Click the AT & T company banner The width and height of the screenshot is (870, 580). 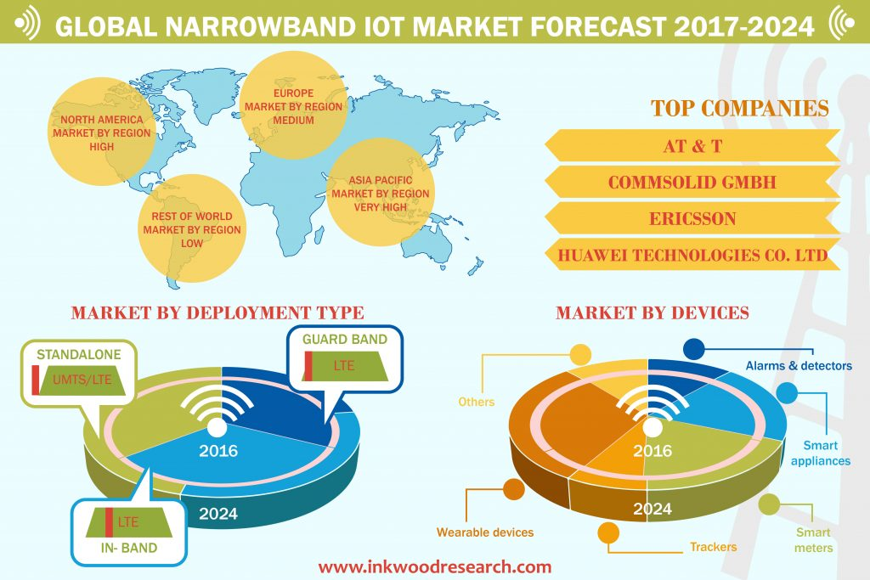point(692,146)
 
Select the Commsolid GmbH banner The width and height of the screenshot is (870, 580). point(692,182)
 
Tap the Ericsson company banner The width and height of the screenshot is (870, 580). point(692,218)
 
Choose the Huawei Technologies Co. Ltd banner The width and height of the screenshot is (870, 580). point(692,255)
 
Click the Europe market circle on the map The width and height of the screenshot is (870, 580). point(293,105)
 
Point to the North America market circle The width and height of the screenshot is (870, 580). point(102,132)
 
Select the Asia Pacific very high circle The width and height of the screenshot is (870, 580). point(381,193)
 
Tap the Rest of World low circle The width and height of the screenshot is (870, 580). point(192,228)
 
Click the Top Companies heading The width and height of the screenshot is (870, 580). point(740,108)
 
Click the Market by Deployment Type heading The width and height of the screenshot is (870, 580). point(217,313)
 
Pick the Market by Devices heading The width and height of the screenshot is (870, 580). point(652,313)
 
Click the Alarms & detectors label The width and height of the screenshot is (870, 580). point(799,365)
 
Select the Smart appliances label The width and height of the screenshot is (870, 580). point(821,453)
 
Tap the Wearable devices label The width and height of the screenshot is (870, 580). point(485,532)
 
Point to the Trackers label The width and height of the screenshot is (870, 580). point(713,547)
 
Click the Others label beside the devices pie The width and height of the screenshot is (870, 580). point(476,402)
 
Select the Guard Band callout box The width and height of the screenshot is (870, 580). point(345,358)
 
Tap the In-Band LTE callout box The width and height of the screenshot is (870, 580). point(129,532)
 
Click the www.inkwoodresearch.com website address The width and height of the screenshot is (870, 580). point(435,566)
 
